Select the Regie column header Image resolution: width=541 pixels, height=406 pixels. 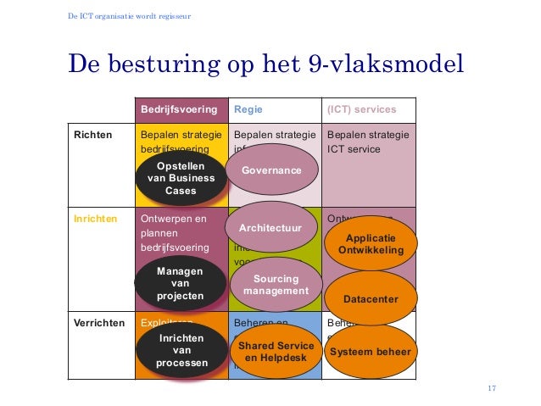248,109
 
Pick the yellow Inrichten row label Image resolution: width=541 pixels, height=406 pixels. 94,218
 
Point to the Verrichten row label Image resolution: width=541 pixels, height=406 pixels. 99,324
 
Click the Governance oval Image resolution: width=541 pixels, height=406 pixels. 271,170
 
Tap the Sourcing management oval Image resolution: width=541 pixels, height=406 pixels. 276,286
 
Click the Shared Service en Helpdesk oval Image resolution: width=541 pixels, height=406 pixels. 275,353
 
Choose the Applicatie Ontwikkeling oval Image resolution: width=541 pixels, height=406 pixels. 371,245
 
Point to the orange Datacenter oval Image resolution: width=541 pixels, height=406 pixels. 371,298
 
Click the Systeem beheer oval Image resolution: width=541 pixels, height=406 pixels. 371,352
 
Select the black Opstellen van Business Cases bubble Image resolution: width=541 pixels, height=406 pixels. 181,178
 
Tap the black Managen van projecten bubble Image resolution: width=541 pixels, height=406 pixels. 181,283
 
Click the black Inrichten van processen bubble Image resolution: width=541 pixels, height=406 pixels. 181,351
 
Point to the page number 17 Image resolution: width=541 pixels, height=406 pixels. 492,389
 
